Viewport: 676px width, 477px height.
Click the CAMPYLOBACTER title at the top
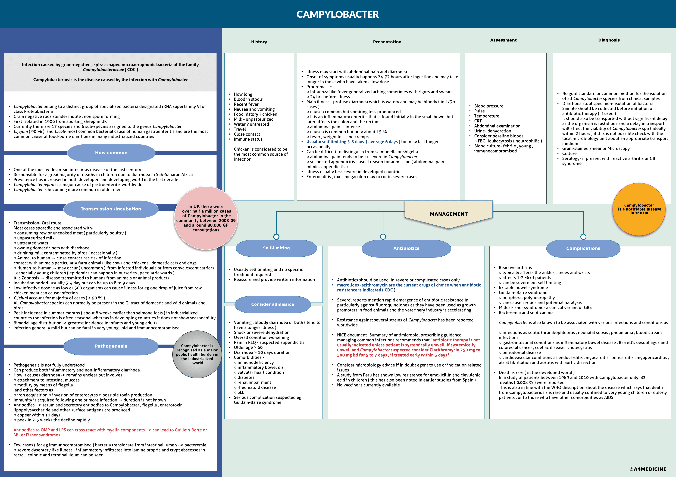pyautogui.click(x=337, y=14)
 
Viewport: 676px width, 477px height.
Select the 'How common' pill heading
pyautogui.click(x=111, y=153)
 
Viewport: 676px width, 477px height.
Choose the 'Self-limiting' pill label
pyautogui.click(x=276, y=248)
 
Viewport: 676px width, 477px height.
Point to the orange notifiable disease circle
pyautogui.click(x=639, y=209)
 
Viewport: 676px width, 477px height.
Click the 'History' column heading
pyautogui.click(x=259, y=42)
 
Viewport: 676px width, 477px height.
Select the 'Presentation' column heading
pyautogui.click(x=387, y=42)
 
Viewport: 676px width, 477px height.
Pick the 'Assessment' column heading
pyautogui.click(x=503, y=40)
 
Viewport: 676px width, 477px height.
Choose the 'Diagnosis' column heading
pyautogui.click(x=609, y=40)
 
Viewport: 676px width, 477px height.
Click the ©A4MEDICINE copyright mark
pyautogui.click(x=648, y=469)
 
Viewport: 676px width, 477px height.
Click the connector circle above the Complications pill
pyautogui.click(x=583, y=237)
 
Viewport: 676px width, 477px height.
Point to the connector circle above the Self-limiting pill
pyautogui.click(x=276, y=237)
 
